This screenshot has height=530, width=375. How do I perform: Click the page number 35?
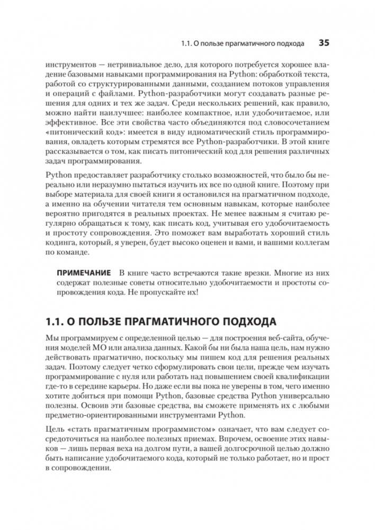[x=323, y=42]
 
